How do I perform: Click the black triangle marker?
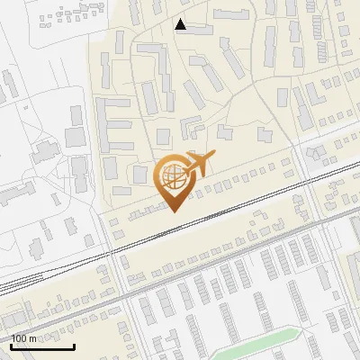point(181,24)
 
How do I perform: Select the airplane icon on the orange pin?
point(199,165)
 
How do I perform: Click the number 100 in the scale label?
point(21,338)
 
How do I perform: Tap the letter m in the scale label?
point(33,338)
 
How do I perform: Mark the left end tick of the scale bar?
point(10,346)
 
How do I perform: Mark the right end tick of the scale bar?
point(74,346)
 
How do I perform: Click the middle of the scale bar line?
point(42,347)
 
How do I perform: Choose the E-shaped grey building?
point(113,122)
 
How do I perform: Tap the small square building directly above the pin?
point(164,136)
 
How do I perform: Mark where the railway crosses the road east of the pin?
point(309,182)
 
